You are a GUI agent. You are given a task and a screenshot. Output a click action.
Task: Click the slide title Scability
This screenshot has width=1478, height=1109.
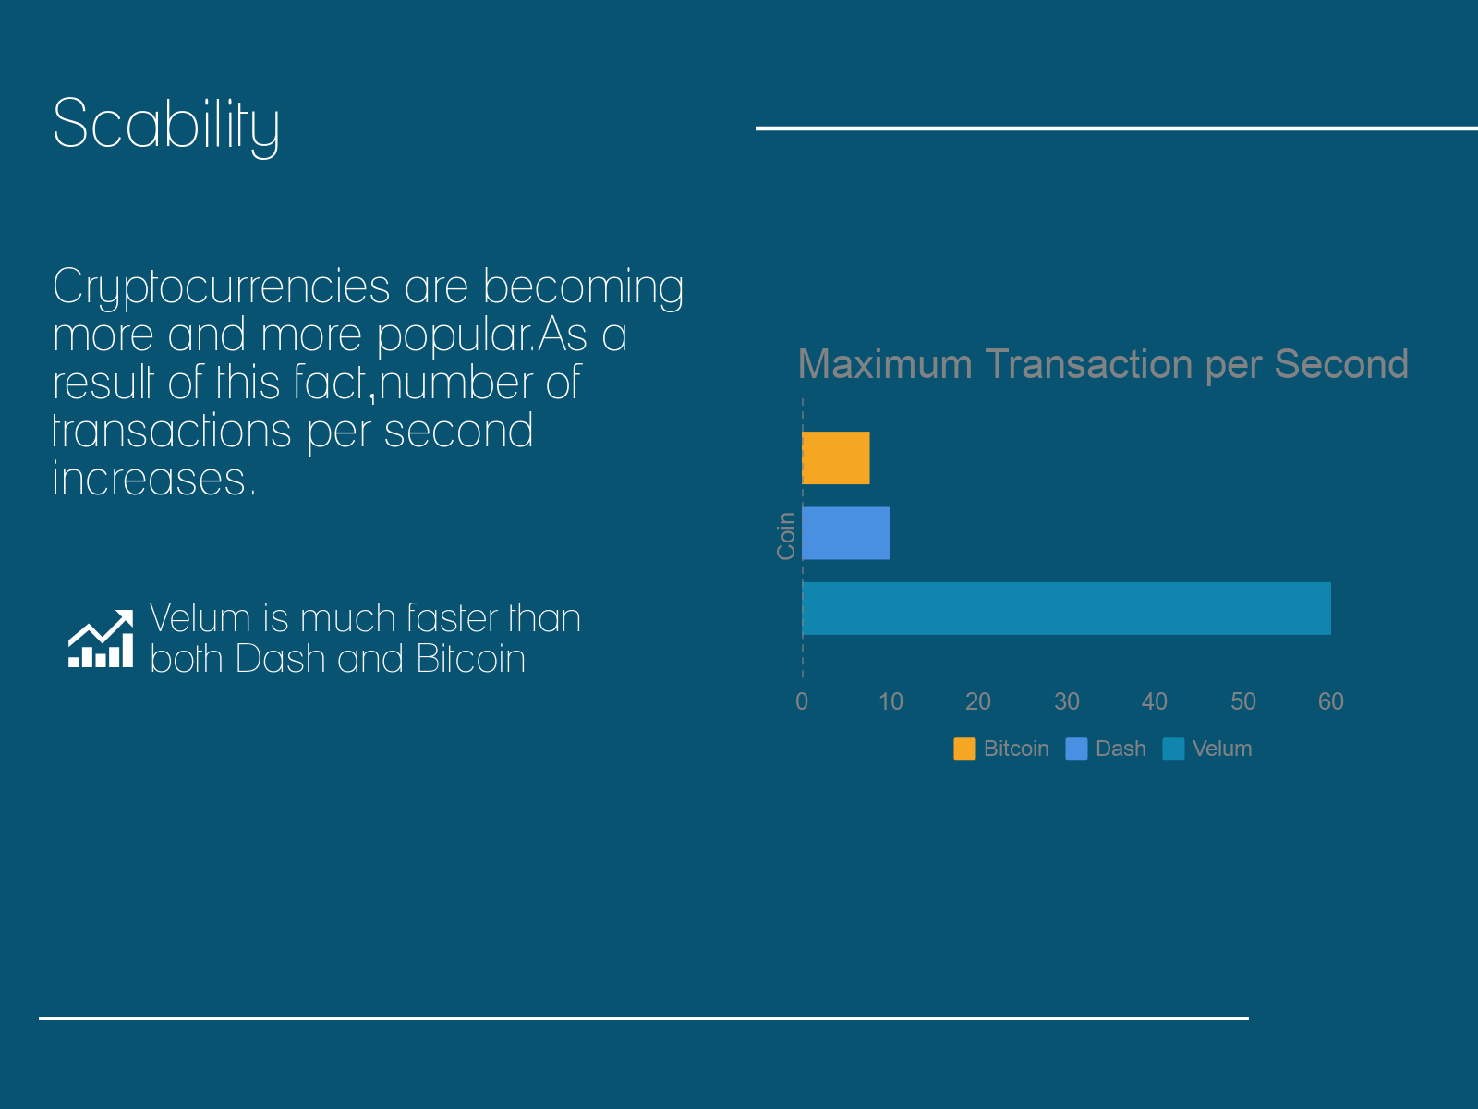[x=165, y=126]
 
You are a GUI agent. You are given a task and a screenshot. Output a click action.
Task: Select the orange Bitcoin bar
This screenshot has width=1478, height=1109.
[x=836, y=457]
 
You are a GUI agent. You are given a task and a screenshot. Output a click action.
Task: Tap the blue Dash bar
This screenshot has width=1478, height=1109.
[x=846, y=533]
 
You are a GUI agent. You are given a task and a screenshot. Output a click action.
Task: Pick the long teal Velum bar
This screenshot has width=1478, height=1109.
[x=1067, y=609]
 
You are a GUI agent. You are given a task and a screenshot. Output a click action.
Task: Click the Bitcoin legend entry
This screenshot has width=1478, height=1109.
[x=1001, y=749]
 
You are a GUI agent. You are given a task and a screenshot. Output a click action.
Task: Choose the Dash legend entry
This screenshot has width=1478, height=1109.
[x=1106, y=749]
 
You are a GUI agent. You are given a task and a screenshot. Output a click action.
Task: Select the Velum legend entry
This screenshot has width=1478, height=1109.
[x=1207, y=749]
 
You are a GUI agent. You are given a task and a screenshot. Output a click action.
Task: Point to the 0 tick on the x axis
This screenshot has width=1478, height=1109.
[x=801, y=701]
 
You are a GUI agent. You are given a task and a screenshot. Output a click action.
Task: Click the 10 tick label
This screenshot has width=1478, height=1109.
[x=890, y=701]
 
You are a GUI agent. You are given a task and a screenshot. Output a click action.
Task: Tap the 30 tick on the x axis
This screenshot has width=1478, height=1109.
[x=1067, y=701]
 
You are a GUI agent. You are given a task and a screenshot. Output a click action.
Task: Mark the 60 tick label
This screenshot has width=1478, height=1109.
[x=1330, y=701]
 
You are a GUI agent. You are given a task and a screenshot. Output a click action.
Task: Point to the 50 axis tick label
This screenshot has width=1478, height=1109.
[x=1243, y=701]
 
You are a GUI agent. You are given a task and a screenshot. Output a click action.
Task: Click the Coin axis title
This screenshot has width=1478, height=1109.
[x=786, y=536]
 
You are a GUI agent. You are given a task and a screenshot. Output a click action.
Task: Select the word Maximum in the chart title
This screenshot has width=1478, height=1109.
[x=886, y=364]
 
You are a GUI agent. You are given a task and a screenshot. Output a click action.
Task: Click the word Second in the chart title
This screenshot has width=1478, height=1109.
[x=1341, y=364]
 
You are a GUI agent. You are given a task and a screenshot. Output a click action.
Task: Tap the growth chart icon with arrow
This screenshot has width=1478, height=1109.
[x=101, y=639]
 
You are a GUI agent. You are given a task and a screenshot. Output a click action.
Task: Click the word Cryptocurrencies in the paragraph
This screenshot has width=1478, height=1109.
[x=222, y=287]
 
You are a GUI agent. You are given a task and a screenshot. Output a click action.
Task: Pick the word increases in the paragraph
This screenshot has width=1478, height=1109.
[x=154, y=479]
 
